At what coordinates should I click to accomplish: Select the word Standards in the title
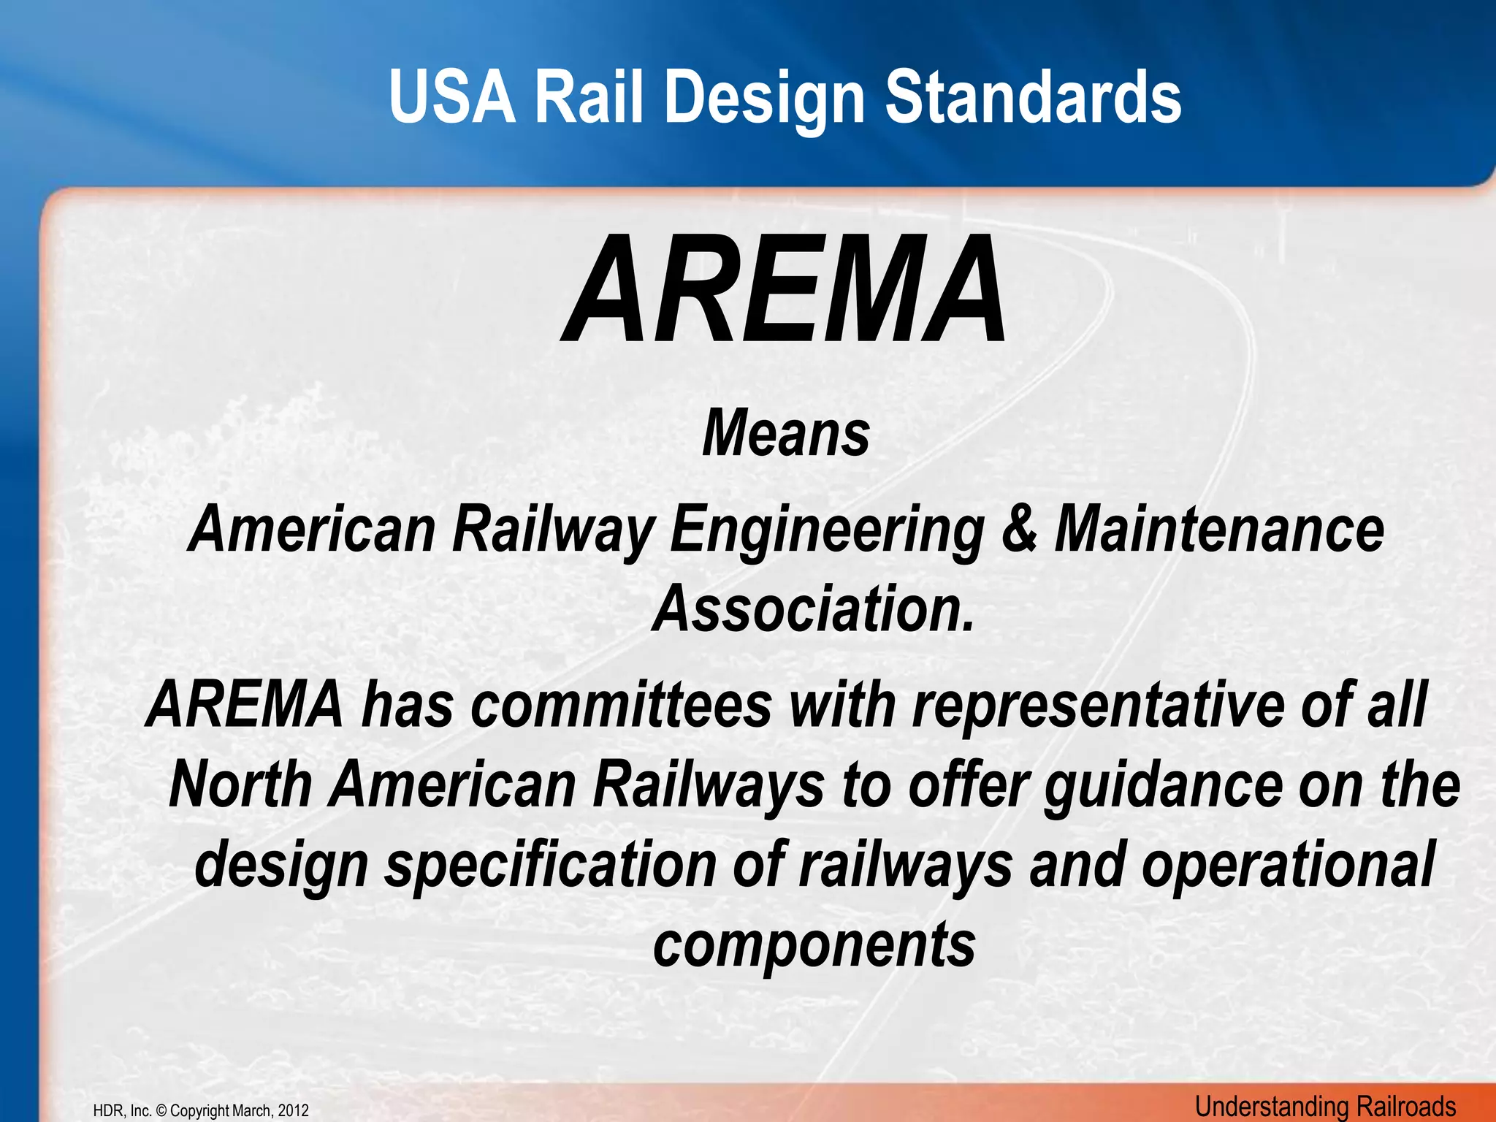tap(1033, 98)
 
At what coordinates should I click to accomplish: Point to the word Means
tap(785, 434)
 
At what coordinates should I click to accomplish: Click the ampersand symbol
tap(1019, 530)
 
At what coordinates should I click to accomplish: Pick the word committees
tap(621, 705)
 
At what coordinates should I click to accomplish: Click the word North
tap(241, 785)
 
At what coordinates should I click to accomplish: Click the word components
tap(814, 946)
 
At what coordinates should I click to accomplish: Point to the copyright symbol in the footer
tap(161, 1111)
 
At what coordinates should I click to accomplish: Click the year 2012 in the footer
tap(293, 1111)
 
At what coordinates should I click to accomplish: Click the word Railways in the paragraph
tap(708, 785)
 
